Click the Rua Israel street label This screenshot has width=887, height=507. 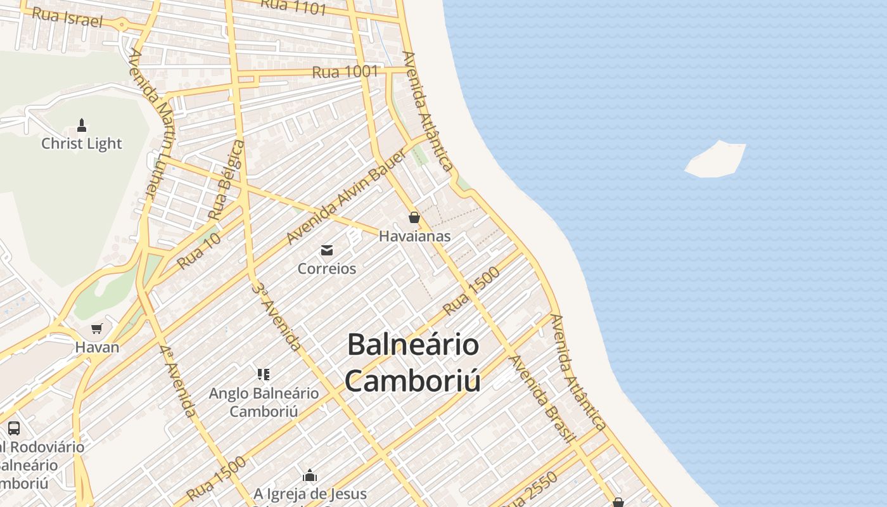click(x=67, y=16)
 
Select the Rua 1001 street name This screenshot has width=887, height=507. click(x=345, y=72)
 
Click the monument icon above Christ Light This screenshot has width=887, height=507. click(x=81, y=125)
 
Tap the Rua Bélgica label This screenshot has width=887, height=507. click(x=226, y=181)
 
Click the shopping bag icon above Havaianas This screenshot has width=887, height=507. click(x=414, y=217)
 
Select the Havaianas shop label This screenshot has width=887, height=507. click(x=414, y=236)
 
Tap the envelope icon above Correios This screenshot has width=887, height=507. click(x=327, y=250)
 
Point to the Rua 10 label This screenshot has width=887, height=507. click(x=199, y=250)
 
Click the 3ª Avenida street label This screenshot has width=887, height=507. click(x=276, y=316)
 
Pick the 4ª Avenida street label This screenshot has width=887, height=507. click(x=177, y=381)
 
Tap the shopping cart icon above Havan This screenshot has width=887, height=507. click(x=97, y=328)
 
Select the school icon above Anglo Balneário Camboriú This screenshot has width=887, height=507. click(x=264, y=375)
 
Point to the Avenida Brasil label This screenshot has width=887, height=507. click(x=542, y=399)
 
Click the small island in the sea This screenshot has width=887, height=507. click(x=716, y=159)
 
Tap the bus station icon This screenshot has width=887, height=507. click(x=14, y=428)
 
